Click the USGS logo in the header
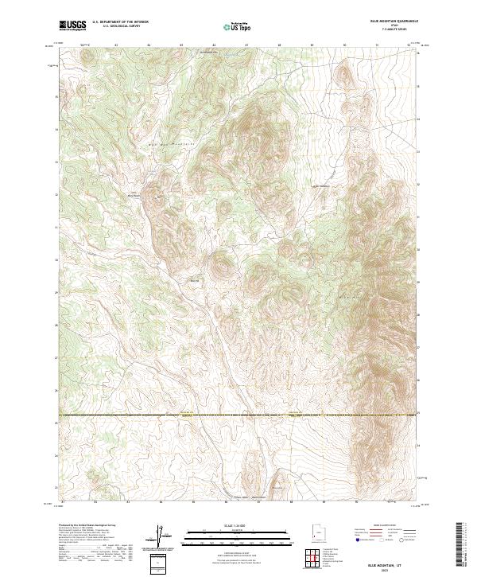point(72,25)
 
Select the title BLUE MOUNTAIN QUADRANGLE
point(392,20)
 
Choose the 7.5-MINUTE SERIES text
point(392,29)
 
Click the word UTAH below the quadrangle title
point(392,25)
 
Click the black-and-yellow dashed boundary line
point(238,415)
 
